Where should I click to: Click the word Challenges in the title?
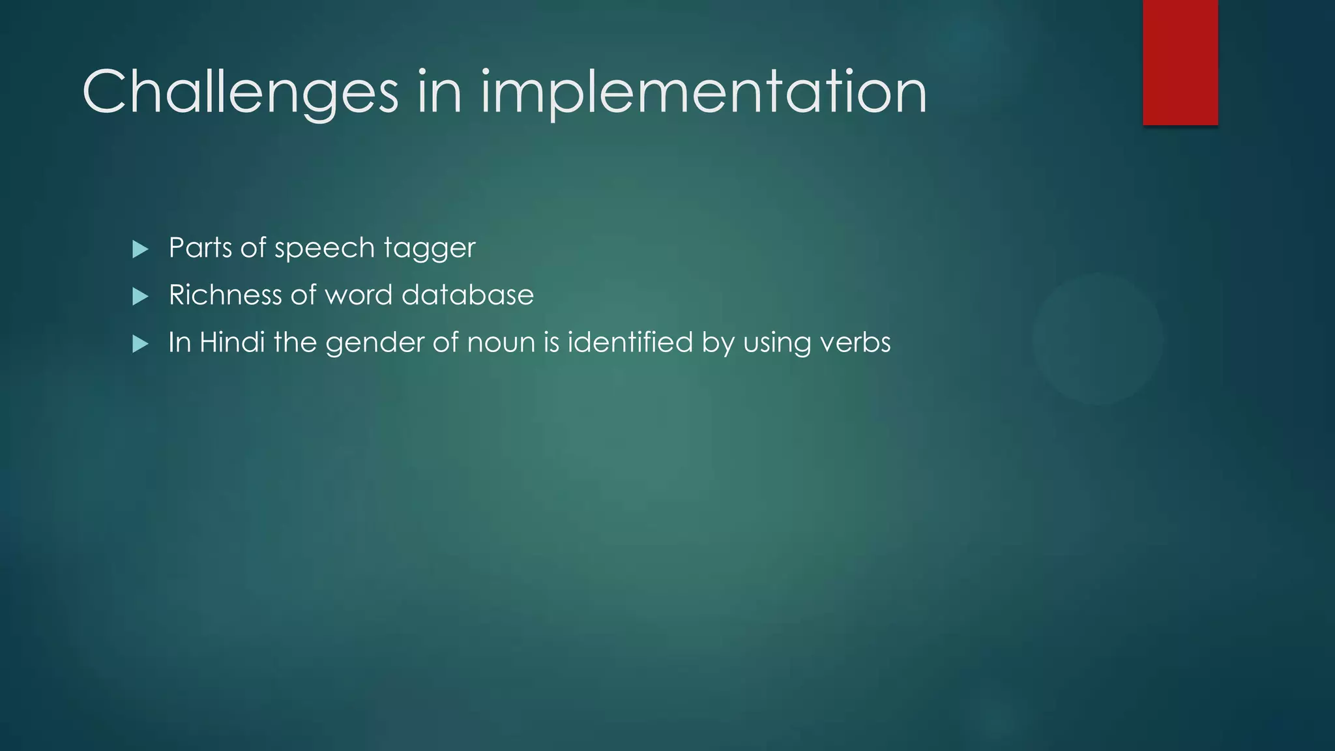click(240, 92)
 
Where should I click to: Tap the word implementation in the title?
click(704, 92)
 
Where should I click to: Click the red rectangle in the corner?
click(1180, 62)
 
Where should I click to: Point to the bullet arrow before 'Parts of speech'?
click(140, 249)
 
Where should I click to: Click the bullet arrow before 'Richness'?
click(140, 297)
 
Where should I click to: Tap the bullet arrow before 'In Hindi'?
click(140, 344)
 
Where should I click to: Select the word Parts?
click(200, 248)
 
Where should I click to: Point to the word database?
click(467, 295)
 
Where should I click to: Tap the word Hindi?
click(231, 342)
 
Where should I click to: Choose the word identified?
click(630, 342)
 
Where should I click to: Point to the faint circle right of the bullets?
click(1098, 339)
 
